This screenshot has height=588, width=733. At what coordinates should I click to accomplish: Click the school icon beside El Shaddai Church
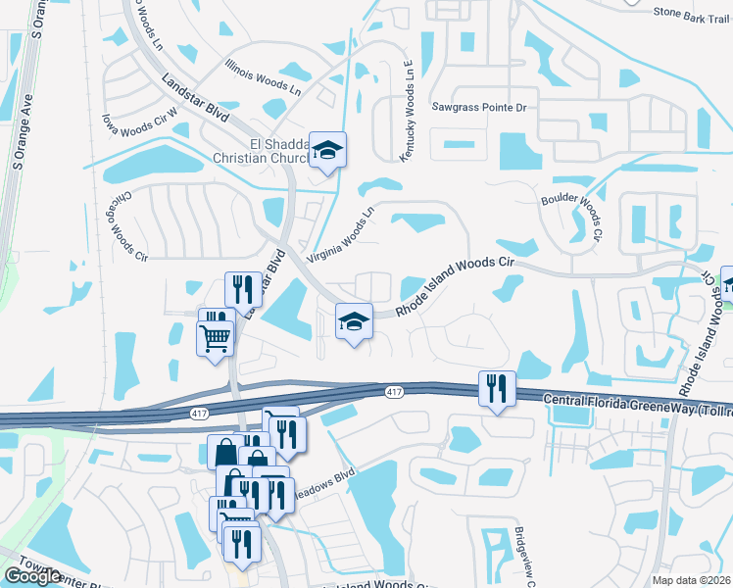coord(329,150)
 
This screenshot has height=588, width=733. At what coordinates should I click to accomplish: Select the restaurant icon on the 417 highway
coord(497,388)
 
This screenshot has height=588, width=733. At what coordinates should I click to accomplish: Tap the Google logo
coord(32,576)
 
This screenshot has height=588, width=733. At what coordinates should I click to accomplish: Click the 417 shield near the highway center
coord(394,392)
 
